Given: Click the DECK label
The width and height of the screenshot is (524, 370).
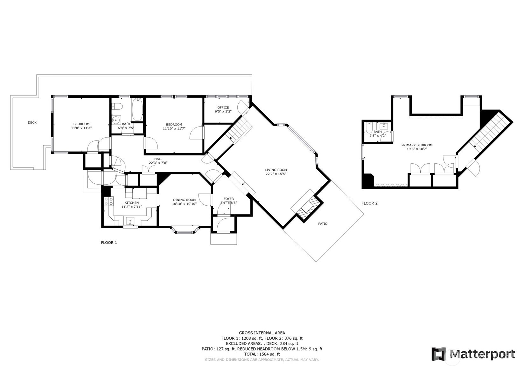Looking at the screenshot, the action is click(x=32, y=122).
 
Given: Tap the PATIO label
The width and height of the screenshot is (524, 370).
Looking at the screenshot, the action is click(x=323, y=224).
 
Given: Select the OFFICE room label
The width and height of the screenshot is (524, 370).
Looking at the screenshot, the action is click(x=223, y=107).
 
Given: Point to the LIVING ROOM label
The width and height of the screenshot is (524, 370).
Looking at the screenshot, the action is click(x=276, y=170).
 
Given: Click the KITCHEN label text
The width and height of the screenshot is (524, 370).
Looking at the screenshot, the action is click(x=132, y=203).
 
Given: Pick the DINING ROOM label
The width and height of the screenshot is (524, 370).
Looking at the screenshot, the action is click(x=184, y=200).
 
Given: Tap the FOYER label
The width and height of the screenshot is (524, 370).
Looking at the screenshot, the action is click(x=228, y=199).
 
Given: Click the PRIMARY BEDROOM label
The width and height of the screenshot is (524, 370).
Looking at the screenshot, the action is click(x=417, y=145).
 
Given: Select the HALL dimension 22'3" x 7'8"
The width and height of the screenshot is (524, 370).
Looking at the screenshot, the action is click(x=158, y=163).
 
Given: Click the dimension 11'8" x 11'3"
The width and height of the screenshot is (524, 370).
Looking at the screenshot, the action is click(x=81, y=128).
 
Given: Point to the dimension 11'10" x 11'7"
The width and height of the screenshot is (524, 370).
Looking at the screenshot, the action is click(x=174, y=128).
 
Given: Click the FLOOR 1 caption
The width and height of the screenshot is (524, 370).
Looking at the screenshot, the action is click(x=109, y=243).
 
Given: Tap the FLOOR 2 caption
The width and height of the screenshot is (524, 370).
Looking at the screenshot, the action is click(x=369, y=203).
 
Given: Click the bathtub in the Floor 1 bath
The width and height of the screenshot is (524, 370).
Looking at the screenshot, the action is click(x=137, y=109).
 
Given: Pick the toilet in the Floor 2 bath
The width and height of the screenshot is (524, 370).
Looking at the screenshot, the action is click(x=369, y=127).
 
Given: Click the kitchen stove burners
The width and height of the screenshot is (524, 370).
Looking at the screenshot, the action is click(x=109, y=201).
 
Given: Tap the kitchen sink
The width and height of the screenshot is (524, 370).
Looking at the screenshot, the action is click(x=130, y=221).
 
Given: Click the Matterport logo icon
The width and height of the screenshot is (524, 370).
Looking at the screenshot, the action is click(x=439, y=354).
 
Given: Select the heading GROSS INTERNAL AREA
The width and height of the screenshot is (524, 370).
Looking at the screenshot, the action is click(x=262, y=333).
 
